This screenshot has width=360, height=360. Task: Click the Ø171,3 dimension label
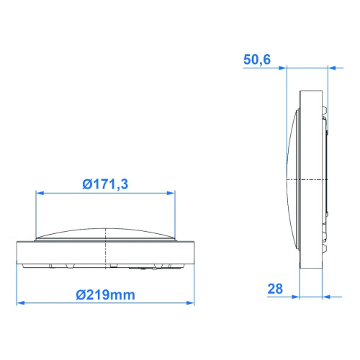tap(105, 184)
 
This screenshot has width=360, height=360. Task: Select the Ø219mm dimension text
tap(105, 294)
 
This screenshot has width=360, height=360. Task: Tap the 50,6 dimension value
tap(257, 60)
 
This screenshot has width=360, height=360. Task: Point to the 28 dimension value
tap(275, 289)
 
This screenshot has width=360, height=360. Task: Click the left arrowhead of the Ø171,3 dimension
tap(40, 193)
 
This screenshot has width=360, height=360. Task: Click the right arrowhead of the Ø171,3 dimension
tap(171, 193)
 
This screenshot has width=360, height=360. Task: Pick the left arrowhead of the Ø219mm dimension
tap(21, 303)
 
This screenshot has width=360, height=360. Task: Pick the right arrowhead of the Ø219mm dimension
tap(190, 303)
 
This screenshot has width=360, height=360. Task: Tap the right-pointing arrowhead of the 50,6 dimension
tap(283, 68)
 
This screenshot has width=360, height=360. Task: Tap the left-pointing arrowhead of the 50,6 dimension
tap(332, 68)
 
